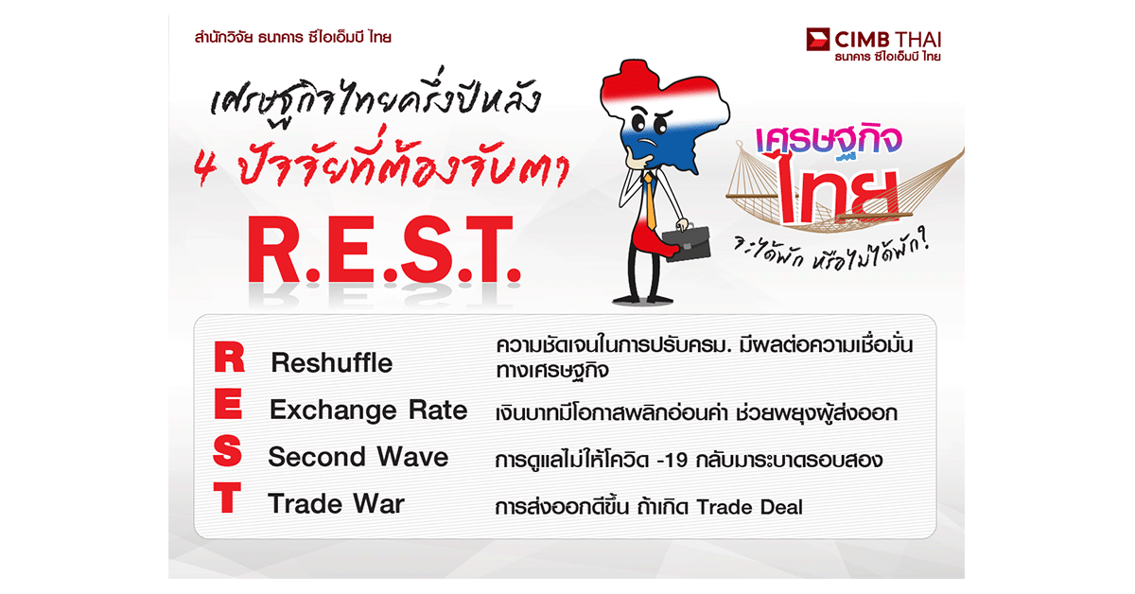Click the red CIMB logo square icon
point(818,39)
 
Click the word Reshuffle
point(332,363)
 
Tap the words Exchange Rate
point(368,410)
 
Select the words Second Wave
point(358,457)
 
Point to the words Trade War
point(336,504)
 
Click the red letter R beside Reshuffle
point(229,357)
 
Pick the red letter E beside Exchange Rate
point(228,404)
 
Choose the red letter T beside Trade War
point(227,498)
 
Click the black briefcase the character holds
point(686,244)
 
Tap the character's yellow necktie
point(650,201)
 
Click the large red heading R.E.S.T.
point(384,250)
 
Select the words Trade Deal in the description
point(749,507)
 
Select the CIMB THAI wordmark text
point(888,40)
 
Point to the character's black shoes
point(642,300)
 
